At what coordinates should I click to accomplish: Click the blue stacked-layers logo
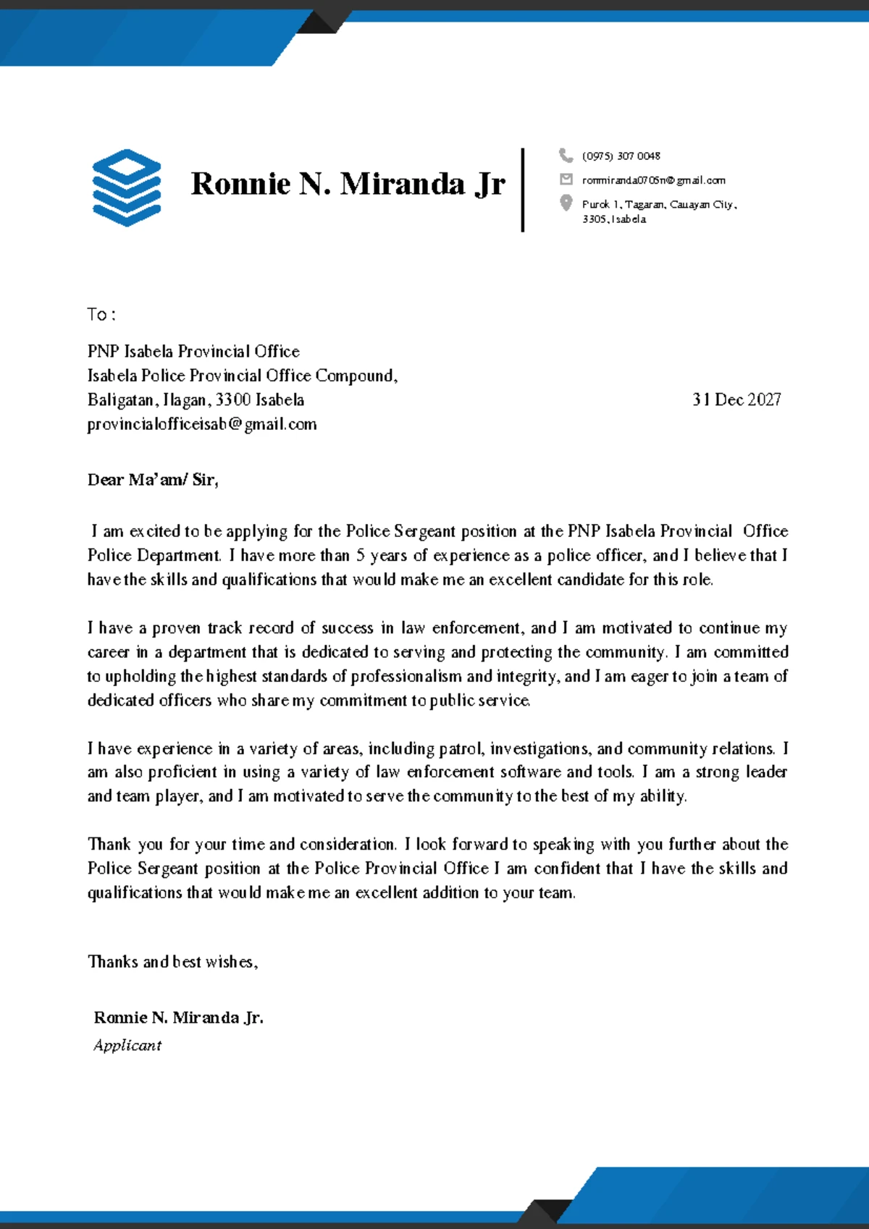coord(127,187)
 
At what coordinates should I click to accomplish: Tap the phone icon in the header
coord(566,155)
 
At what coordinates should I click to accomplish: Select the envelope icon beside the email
coord(566,179)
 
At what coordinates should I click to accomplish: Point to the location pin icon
coord(566,203)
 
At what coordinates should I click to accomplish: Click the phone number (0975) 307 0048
coord(621,156)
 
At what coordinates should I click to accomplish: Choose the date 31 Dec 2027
coord(736,400)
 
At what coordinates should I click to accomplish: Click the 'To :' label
coord(101,314)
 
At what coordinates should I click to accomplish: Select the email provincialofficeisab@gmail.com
coord(202,424)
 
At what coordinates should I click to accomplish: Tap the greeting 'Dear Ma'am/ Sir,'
coord(153,479)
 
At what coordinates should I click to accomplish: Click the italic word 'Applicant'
coord(127,1045)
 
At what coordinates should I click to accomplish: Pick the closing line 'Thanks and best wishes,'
coord(172,961)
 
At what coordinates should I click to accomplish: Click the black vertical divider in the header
coord(522,190)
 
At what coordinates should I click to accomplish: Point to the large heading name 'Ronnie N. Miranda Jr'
coord(348,184)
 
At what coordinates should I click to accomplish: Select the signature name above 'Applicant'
coord(178,1017)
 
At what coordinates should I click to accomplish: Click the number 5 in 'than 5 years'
coord(360,555)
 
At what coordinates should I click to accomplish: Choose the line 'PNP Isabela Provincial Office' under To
coord(193,351)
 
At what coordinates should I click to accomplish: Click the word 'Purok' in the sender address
coord(595,204)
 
